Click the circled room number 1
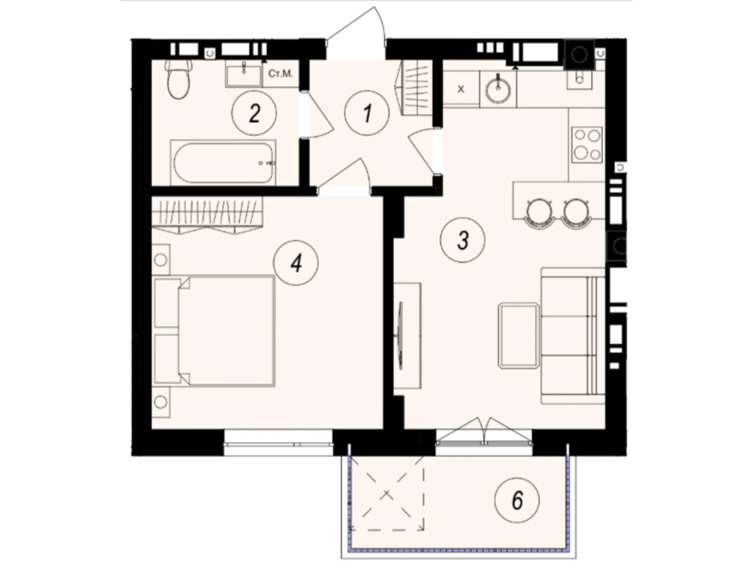[367, 113]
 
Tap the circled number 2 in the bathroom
[254, 113]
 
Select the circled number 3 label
[462, 240]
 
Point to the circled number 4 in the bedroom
[296, 263]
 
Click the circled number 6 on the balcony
[517, 500]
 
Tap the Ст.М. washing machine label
[280, 74]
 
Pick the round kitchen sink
[498, 89]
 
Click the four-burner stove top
[587, 145]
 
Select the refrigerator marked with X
[461, 89]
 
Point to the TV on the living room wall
[401, 335]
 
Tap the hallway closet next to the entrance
[416, 88]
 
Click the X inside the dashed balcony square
[387, 494]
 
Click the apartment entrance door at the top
[356, 33]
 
